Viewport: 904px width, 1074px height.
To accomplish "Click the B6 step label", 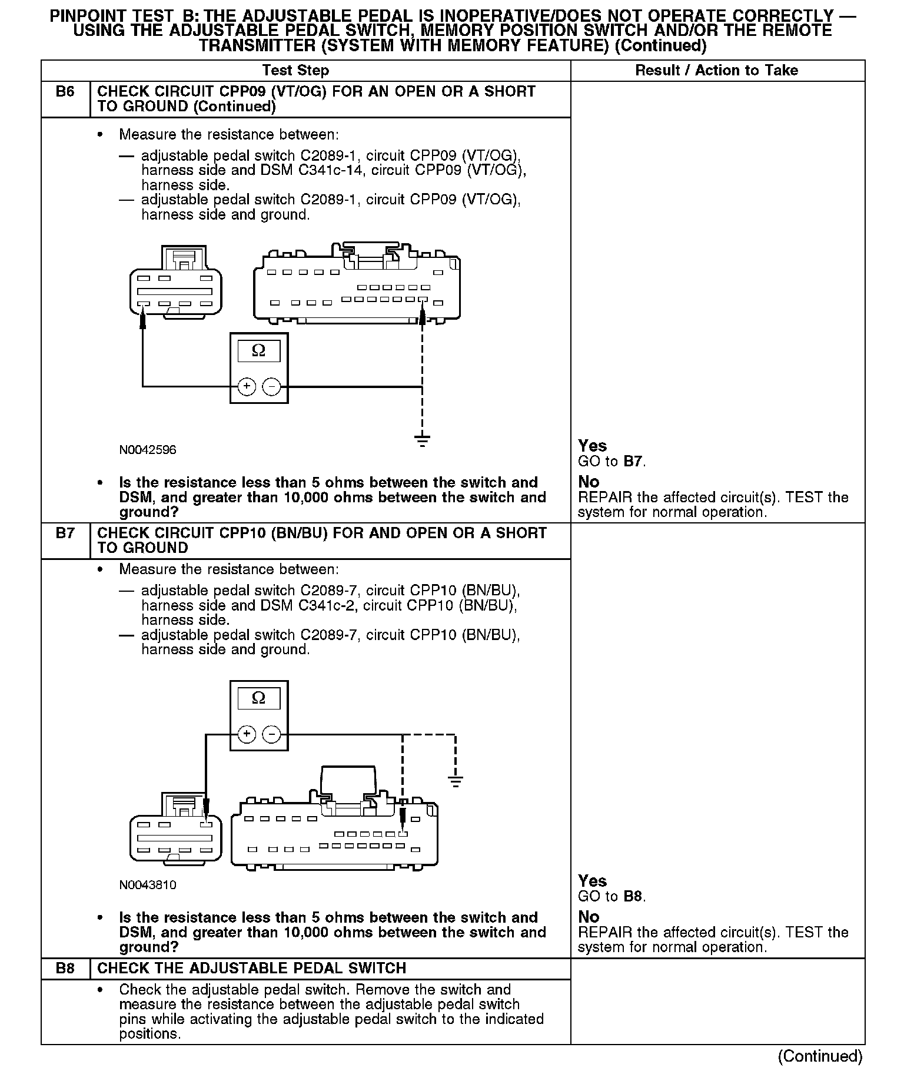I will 65,92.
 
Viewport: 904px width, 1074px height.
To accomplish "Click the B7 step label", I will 65,533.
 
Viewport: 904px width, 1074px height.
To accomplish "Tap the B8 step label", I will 65,969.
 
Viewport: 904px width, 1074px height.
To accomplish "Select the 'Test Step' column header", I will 295,71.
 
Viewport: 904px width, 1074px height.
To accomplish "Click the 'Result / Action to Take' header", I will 716,71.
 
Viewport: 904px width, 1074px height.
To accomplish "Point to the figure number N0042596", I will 147,450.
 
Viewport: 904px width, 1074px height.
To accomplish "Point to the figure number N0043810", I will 147,885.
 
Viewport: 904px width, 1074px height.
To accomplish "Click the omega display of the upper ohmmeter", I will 258,352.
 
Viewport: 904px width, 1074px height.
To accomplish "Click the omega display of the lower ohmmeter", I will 258,698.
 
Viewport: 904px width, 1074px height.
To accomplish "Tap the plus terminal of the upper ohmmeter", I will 246,387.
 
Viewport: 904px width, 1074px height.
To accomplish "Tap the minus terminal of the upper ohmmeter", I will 271,387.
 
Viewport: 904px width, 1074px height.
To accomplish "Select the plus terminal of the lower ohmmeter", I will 246,734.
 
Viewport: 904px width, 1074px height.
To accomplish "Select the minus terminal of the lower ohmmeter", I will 271,734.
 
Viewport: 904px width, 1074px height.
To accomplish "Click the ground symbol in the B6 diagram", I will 422,440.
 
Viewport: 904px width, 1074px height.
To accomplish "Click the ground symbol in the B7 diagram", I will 455,781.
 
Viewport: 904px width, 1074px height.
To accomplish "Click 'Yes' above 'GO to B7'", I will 592,446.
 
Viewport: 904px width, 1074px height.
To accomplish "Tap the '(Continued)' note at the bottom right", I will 820,1056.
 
